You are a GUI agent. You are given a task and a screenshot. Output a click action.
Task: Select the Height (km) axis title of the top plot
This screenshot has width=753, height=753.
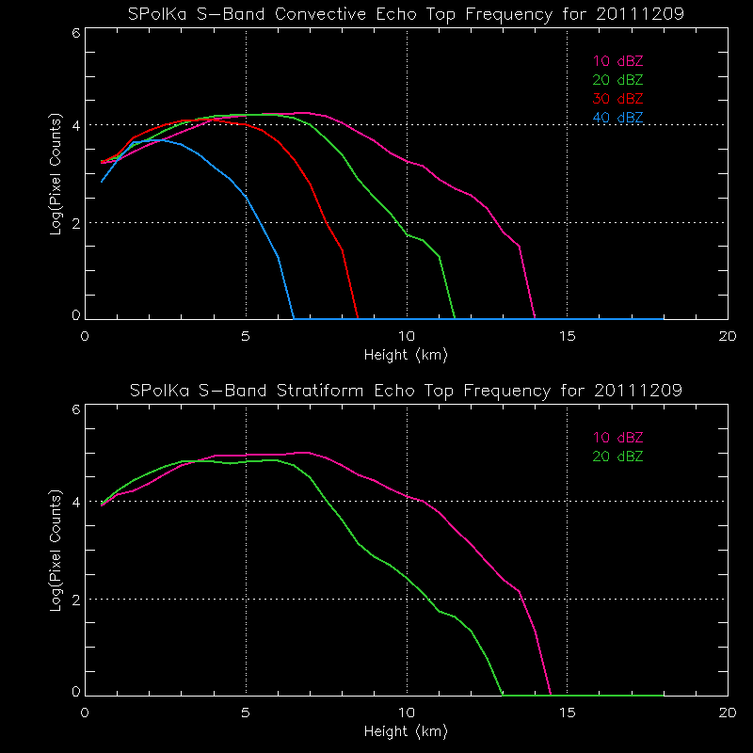tap(406, 356)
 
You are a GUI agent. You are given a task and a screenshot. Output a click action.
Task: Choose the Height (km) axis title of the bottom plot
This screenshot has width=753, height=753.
tap(406, 731)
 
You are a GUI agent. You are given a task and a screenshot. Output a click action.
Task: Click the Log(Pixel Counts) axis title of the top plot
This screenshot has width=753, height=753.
tap(56, 175)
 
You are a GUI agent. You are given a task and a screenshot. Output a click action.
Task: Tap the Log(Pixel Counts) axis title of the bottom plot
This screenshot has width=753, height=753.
tap(56, 551)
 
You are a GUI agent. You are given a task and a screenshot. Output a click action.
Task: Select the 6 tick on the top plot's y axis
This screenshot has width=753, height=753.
tap(75, 32)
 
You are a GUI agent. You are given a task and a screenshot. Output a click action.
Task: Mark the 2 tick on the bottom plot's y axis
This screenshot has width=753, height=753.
tap(75, 599)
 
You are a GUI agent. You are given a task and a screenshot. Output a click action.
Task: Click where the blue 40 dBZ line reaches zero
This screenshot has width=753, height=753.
tap(294, 318)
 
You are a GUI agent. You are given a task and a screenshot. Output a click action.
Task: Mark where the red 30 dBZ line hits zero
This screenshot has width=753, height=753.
tap(358, 318)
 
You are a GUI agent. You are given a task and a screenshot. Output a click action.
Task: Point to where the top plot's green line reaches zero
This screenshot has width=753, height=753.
tap(455, 318)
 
